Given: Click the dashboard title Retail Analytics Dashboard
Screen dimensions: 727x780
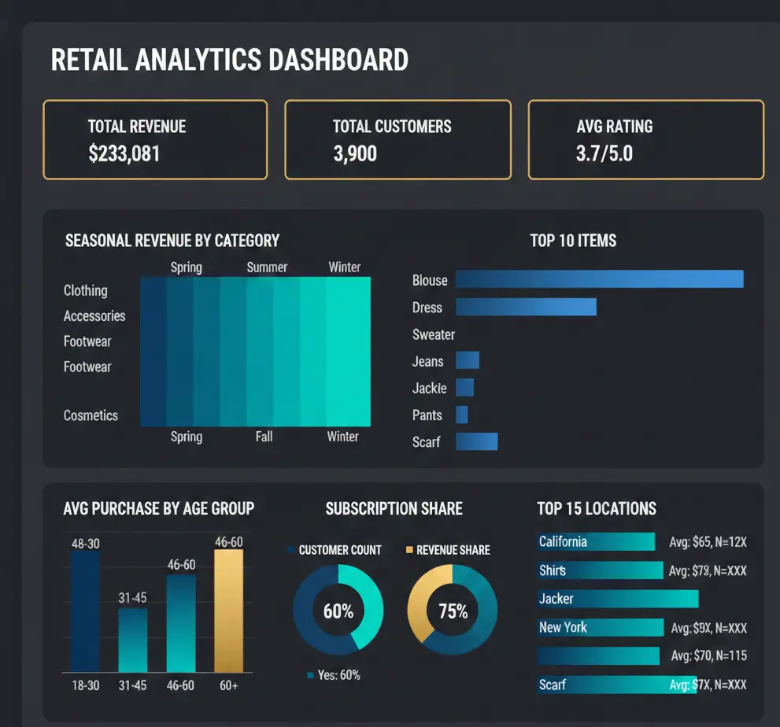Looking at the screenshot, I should (229, 61).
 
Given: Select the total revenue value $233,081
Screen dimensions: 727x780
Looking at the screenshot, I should (124, 153).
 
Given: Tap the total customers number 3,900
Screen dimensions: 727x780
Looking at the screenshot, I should (355, 153).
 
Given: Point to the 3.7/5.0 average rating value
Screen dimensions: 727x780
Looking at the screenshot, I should (604, 153).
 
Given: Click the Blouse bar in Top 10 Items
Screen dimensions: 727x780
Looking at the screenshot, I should (599, 279).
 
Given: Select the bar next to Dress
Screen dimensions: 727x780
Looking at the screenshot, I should (526, 307).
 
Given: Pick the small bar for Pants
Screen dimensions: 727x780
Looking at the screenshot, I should (462, 415).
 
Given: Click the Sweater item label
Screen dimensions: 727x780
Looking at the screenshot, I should (434, 334).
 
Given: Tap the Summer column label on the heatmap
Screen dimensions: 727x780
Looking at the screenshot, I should (267, 268).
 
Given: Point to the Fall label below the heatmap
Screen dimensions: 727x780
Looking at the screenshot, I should (264, 436).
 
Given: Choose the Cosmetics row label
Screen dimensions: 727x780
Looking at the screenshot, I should (91, 415).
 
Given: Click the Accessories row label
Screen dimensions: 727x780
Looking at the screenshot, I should (94, 316).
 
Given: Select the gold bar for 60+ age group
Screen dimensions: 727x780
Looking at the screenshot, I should (229, 611).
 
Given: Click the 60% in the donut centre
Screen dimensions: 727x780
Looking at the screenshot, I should (338, 611).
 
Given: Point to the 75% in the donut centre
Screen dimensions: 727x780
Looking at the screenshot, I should (453, 611).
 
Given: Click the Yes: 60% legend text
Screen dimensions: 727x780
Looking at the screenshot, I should (339, 675).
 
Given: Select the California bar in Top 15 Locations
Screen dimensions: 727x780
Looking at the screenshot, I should (596, 541).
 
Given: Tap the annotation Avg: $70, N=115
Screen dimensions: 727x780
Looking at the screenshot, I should (708, 655).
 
